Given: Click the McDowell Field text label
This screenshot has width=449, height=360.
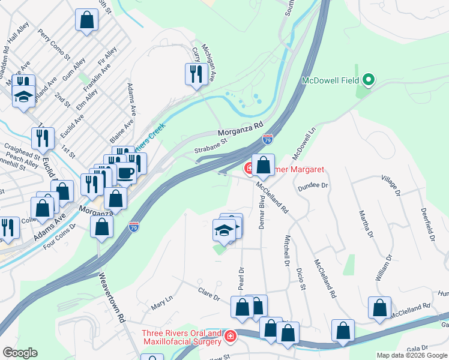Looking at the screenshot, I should click(330, 80).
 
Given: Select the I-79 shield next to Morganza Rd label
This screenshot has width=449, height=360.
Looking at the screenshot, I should click(267, 139).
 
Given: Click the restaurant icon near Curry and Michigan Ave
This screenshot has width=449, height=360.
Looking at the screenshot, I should click(196, 74).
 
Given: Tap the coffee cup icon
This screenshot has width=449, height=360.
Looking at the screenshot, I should click(125, 173).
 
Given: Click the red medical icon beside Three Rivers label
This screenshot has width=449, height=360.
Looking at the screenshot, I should click(229, 337).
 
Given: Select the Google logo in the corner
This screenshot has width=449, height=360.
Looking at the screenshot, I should click(20, 353).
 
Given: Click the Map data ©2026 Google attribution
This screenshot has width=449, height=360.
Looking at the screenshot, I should click(412, 355).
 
